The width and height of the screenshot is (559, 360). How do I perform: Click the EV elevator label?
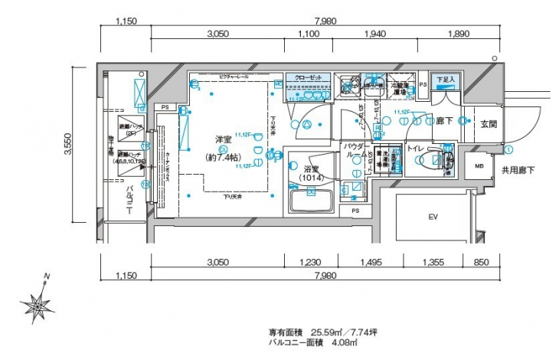pos(433,218)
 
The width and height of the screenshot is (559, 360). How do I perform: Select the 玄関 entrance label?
pos(489,123)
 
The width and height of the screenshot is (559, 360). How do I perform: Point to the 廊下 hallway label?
pos(445,120)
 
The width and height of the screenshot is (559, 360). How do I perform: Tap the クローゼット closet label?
pos(308,77)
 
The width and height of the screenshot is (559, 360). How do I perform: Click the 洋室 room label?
pos(224,139)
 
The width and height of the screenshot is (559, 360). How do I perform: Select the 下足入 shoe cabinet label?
pos(445,80)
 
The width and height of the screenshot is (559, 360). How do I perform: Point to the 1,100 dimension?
pos(308,34)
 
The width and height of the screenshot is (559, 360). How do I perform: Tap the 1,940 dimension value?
pos(376,34)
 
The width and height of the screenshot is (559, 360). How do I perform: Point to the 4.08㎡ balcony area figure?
pos(345,342)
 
